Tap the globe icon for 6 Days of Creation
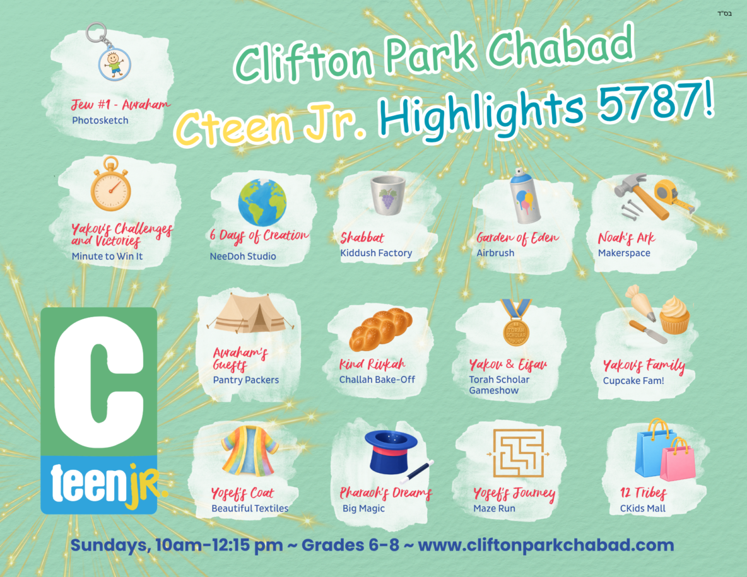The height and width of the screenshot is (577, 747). [x=262, y=202]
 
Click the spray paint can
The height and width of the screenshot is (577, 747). [x=526, y=196]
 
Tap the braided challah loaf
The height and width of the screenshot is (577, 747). [x=380, y=329]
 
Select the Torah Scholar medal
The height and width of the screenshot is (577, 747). [x=516, y=322]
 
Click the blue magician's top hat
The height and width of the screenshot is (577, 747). [x=392, y=452]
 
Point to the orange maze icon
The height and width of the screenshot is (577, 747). [x=518, y=453]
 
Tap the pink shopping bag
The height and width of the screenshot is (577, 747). [x=678, y=459]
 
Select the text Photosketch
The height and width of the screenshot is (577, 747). [x=100, y=120]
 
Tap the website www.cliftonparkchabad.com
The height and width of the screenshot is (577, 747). [x=546, y=545]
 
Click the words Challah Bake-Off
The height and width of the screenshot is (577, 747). [x=377, y=380]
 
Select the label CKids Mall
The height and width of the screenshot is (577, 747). [x=643, y=508]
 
